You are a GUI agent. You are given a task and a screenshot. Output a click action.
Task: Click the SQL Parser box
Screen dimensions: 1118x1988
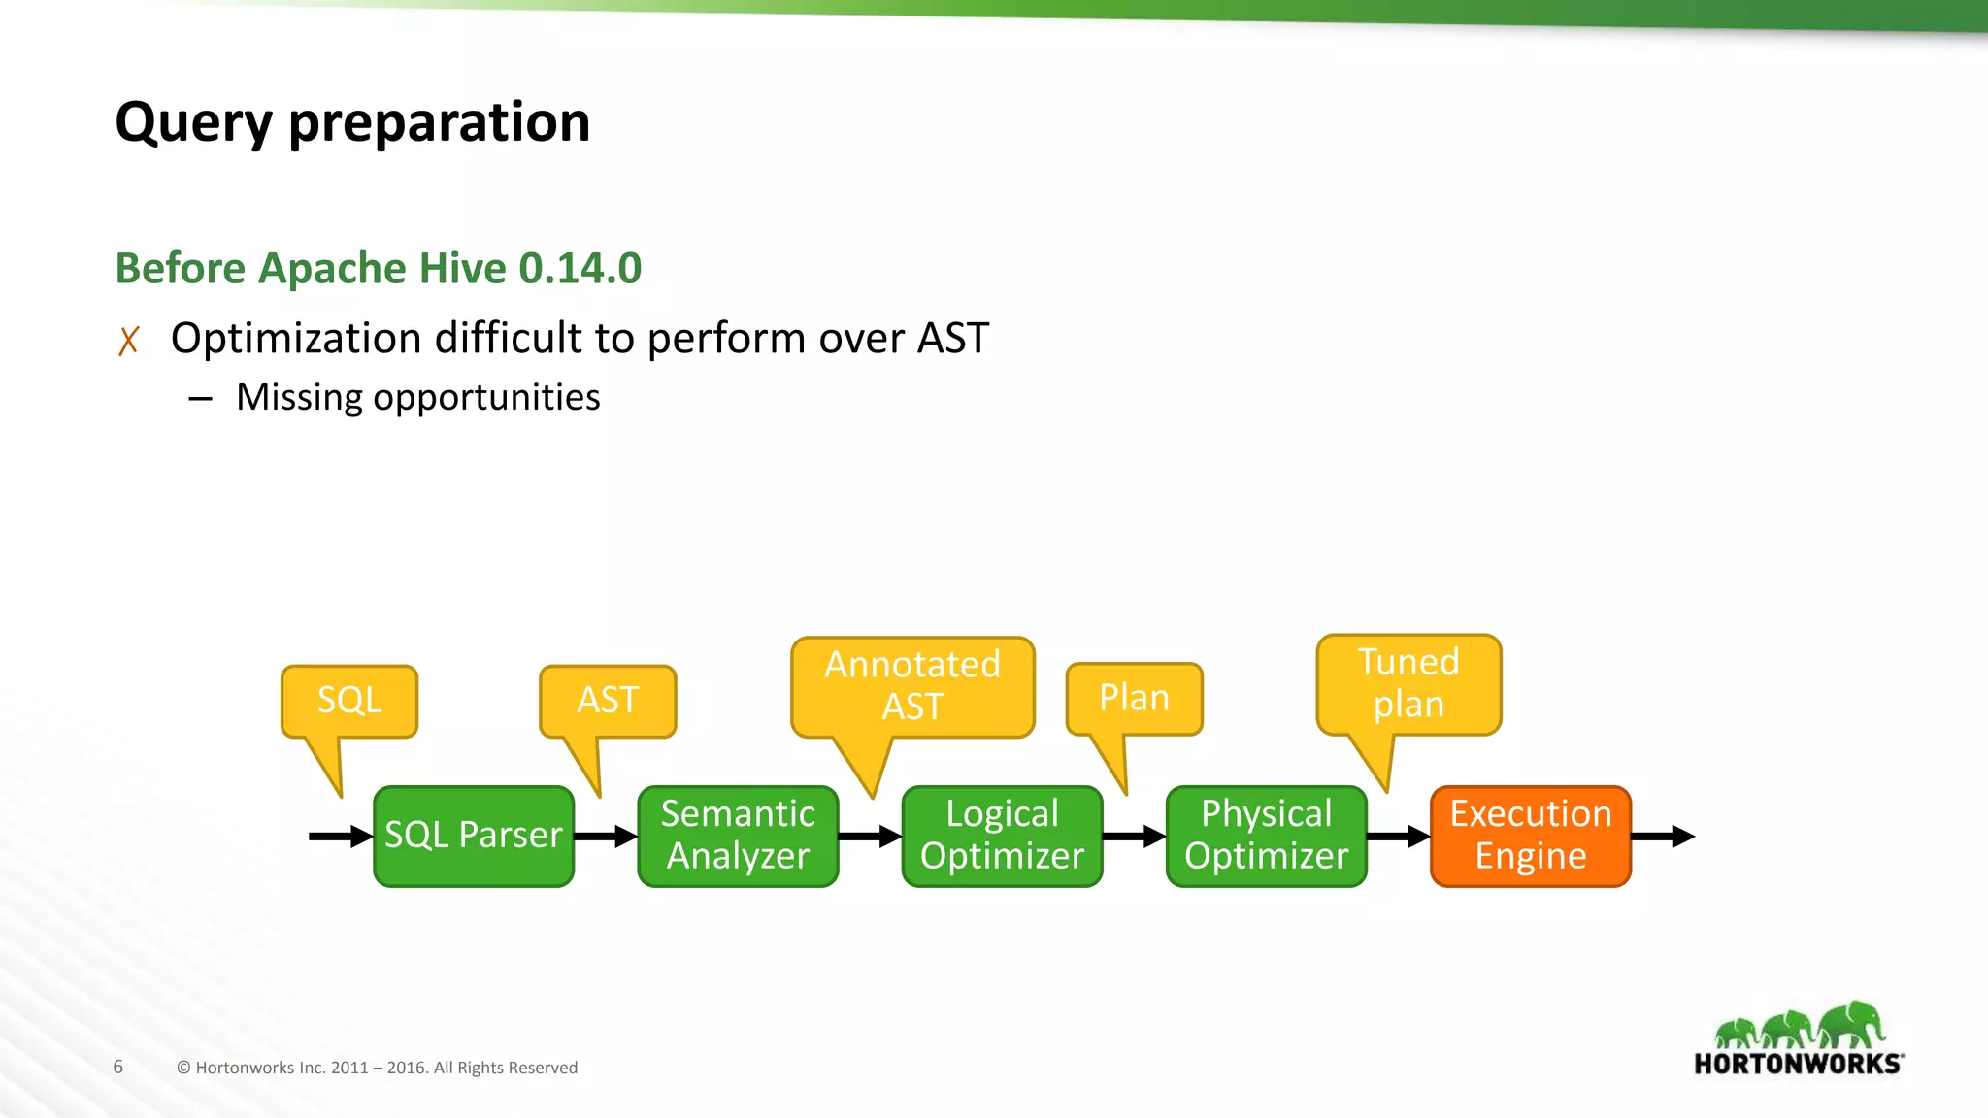[474, 836]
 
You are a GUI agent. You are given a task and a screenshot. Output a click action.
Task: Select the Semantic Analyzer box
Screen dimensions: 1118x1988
[738, 836]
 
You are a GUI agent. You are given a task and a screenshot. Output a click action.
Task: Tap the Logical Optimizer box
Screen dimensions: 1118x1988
[1002, 836]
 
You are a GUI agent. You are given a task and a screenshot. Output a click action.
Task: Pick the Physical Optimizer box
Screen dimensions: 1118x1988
[1266, 836]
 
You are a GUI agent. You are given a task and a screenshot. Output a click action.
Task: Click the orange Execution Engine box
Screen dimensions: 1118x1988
[1530, 836]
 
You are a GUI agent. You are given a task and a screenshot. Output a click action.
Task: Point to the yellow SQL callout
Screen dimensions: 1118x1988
[349, 701]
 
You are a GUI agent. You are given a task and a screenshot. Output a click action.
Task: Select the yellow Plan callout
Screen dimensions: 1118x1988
[1134, 699]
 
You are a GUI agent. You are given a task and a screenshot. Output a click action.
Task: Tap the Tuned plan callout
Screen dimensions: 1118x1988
[1408, 684]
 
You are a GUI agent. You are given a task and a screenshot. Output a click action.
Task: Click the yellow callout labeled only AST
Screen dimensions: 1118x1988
[608, 701]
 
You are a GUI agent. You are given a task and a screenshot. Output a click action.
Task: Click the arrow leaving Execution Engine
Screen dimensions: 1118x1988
[1663, 836]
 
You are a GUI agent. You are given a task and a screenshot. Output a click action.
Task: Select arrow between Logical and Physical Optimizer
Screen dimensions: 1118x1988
[1134, 836]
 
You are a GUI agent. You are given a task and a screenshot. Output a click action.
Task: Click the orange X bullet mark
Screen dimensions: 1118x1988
[128, 341]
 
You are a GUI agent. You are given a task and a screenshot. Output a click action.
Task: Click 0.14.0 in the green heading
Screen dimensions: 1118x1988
[580, 268]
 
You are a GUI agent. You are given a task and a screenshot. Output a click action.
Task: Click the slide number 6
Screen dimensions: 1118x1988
[118, 1067]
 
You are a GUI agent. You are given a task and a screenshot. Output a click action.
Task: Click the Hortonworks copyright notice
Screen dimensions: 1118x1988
[377, 1068]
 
